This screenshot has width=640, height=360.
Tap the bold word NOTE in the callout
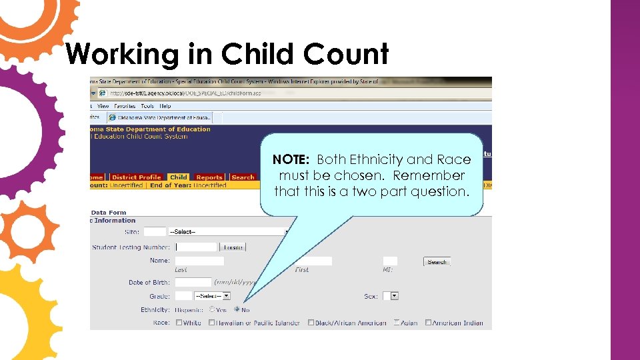point(291,160)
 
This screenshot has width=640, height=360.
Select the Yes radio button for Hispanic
point(212,309)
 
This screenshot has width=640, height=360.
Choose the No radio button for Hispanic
point(237,309)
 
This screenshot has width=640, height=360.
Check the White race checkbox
point(179,323)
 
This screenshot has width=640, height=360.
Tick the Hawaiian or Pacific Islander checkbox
point(212,323)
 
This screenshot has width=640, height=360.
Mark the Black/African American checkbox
point(311,323)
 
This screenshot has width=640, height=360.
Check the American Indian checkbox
point(428,323)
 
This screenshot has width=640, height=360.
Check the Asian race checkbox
point(397,323)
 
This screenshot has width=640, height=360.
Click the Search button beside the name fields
point(437,261)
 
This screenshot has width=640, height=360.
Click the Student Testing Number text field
point(196,247)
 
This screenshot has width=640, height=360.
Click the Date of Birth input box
point(193,283)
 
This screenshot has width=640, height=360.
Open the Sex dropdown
point(394,296)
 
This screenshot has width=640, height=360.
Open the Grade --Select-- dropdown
point(212,296)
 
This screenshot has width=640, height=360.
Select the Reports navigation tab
point(209,177)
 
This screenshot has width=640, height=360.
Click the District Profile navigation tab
point(137,177)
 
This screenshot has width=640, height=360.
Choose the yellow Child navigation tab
point(178,177)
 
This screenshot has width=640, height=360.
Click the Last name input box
point(199,261)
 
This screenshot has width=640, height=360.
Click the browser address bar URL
point(187,93)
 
